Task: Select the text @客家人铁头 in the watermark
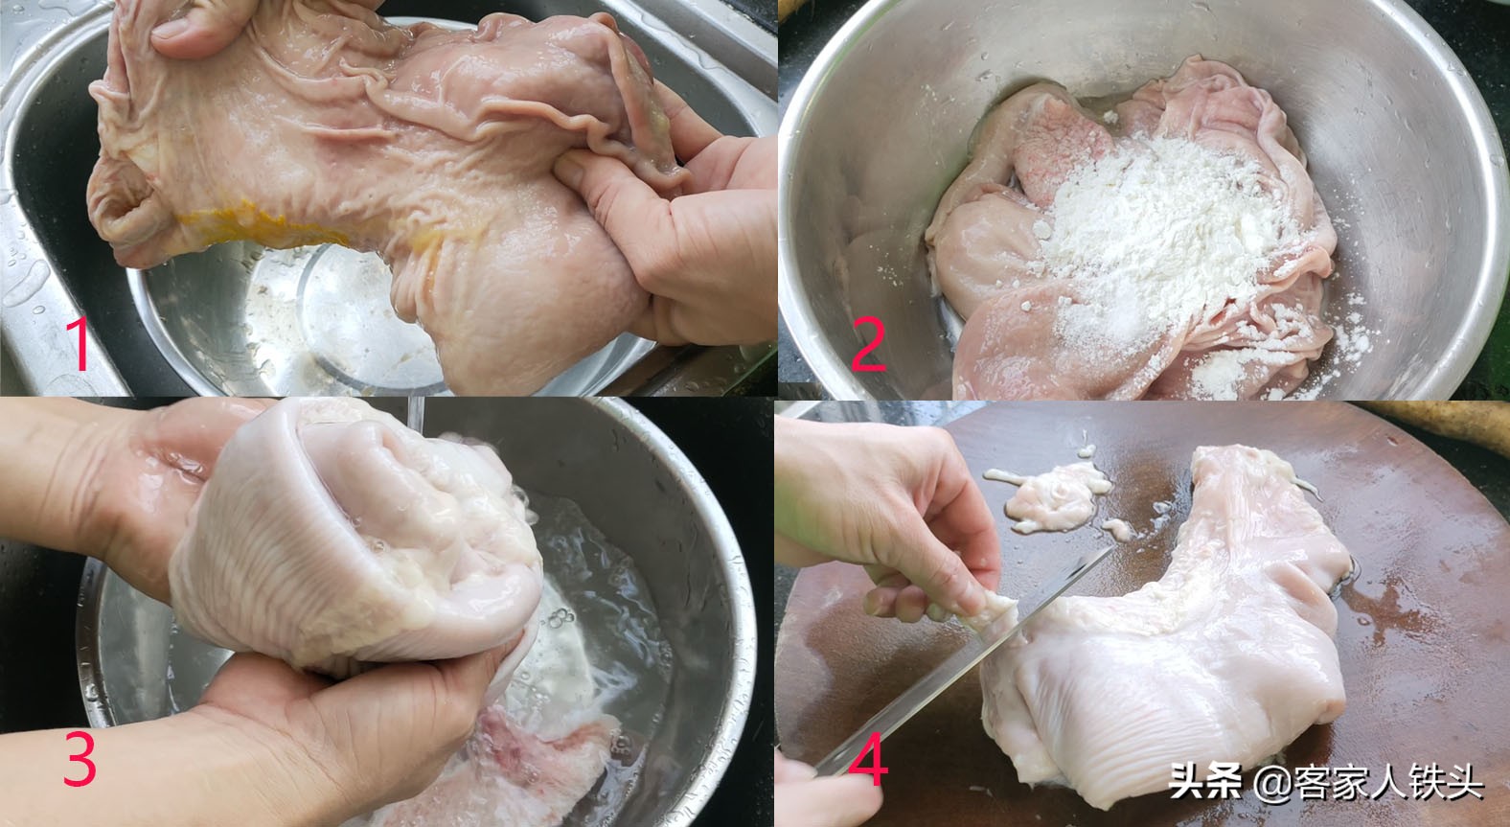[1370, 783]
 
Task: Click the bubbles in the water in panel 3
[556, 618]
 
